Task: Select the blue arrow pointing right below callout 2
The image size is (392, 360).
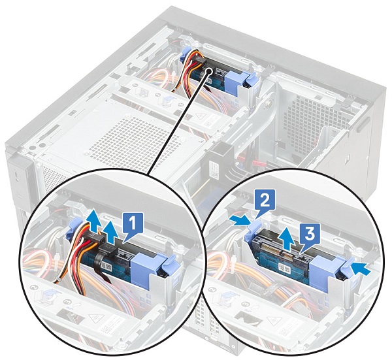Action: coord(240,221)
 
